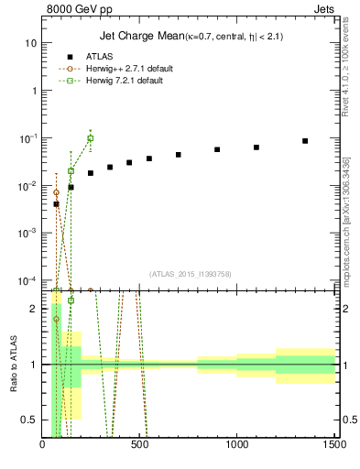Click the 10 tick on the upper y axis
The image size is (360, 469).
32,43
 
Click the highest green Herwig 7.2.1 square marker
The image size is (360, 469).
91,138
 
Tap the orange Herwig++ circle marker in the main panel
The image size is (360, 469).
56,193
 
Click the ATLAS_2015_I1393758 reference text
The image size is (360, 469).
191,273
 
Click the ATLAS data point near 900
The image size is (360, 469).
217,149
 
